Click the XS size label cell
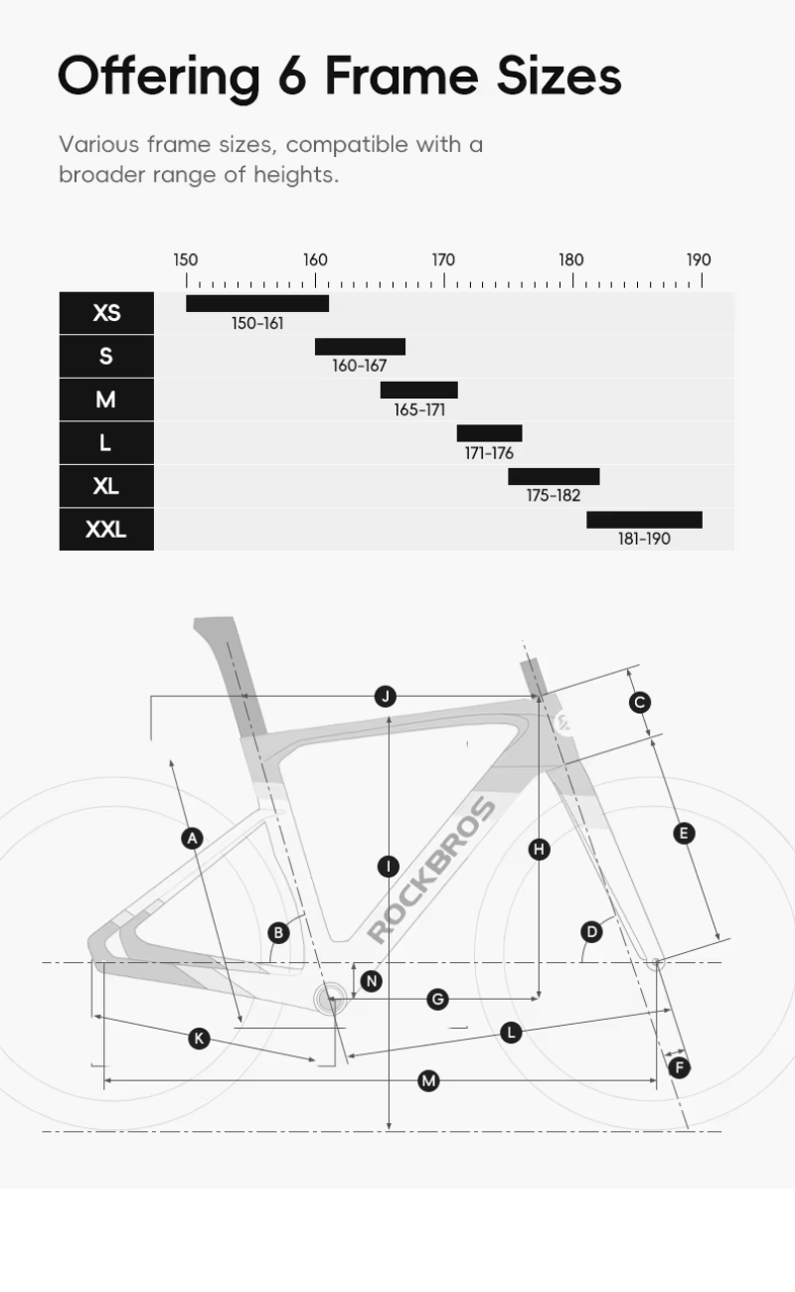[x=106, y=313]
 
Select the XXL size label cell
[x=106, y=529]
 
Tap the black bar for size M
[x=418, y=390]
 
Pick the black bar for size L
[x=489, y=433]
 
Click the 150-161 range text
[x=257, y=324]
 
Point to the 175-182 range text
[x=554, y=496]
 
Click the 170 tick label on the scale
[x=443, y=260]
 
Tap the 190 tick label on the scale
[x=699, y=260]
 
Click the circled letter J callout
[x=386, y=696]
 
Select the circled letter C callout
[x=640, y=703]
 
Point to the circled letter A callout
[x=192, y=838]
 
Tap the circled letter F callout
[x=679, y=1067]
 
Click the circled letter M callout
[x=428, y=1080]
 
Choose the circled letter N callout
[x=372, y=981]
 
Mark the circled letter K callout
[x=199, y=1039]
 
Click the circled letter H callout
[x=539, y=849]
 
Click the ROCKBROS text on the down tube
[x=431, y=870]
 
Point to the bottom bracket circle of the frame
[x=331, y=999]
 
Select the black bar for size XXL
[x=644, y=520]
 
